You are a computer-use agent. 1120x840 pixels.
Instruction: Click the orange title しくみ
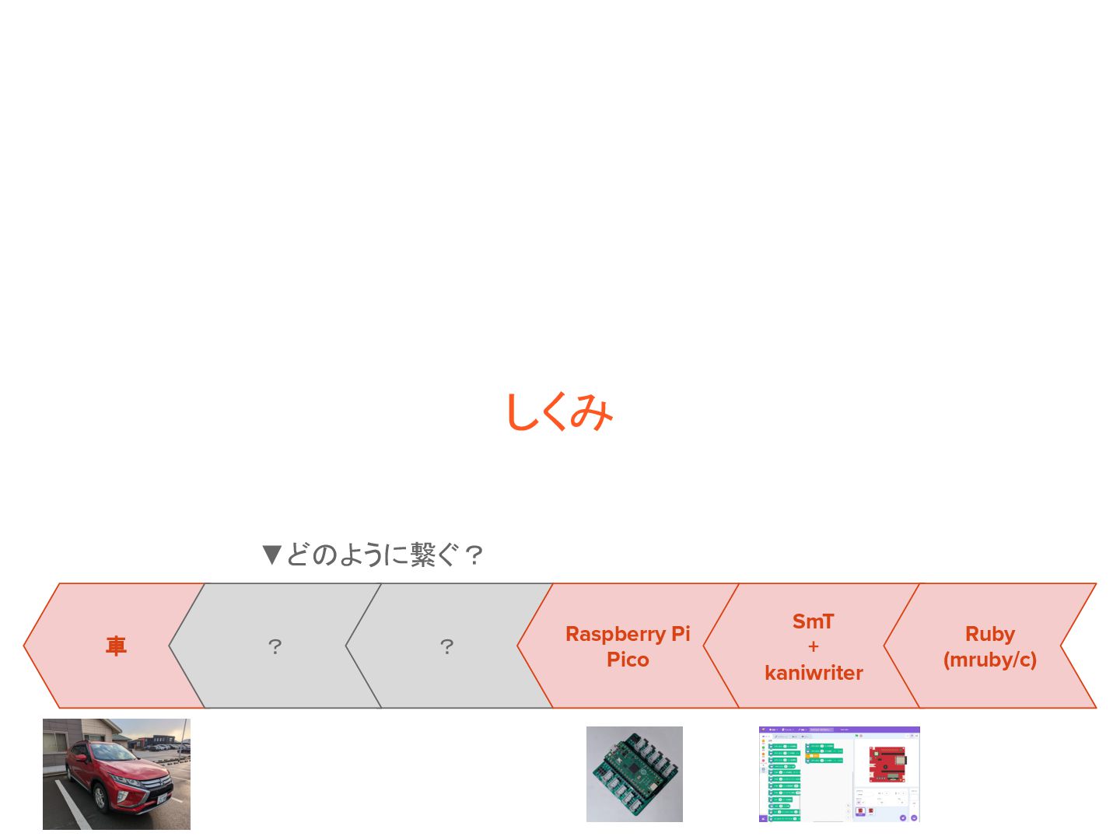(x=559, y=411)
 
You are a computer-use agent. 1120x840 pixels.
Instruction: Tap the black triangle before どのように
(x=271, y=555)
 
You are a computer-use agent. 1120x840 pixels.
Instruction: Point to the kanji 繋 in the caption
(x=424, y=555)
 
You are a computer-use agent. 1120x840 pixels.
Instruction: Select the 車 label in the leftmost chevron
(x=116, y=646)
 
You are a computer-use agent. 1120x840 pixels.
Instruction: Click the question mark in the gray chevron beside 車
(x=275, y=646)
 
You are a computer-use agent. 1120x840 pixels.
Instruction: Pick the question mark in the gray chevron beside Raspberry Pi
(x=446, y=646)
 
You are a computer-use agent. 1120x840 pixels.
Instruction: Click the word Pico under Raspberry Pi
(x=628, y=660)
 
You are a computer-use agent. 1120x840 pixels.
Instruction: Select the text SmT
(x=813, y=621)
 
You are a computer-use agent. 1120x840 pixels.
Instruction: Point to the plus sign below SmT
(x=814, y=646)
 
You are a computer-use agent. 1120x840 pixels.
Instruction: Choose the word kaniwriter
(x=814, y=673)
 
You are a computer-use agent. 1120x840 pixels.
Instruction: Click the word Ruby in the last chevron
(x=989, y=634)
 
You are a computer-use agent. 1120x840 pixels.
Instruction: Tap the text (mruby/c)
(x=989, y=660)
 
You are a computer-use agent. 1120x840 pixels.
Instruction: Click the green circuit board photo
(x=634, y=774)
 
